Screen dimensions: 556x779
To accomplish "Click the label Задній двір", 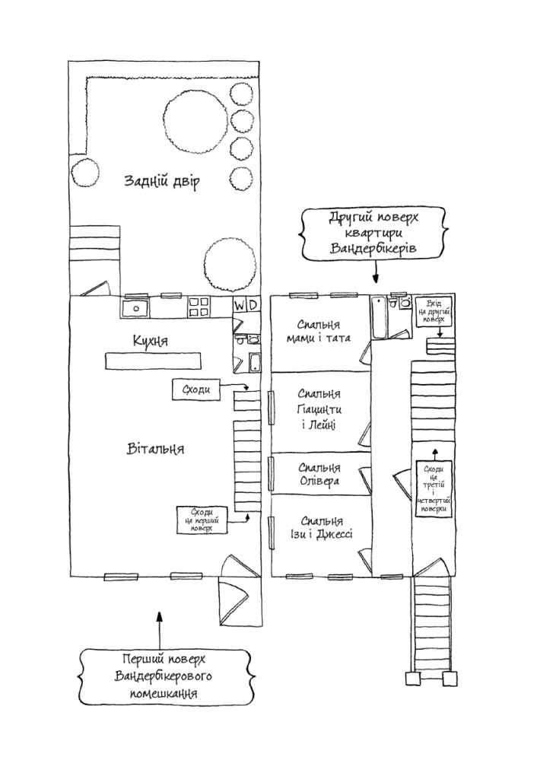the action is click(162, 181).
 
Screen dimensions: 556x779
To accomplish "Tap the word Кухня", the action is click(150, 341).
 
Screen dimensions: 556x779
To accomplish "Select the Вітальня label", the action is click(155, 449).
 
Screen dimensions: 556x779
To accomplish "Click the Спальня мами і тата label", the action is click(319, 332).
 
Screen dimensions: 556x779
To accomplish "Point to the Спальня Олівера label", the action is click(319, 475).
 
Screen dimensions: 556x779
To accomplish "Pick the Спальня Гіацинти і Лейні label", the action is click(319, 409).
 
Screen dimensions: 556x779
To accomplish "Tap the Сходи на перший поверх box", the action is click(202, 520).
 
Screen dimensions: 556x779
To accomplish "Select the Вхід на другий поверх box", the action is click(434, 312).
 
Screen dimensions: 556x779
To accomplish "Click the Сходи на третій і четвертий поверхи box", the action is click(434, 489).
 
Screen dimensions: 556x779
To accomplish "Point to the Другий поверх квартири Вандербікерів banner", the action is click(373, 233).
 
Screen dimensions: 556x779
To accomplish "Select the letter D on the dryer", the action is click(253, 304).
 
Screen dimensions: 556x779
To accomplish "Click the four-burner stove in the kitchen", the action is click(199, 307).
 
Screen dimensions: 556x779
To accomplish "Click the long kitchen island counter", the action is click(153, 361).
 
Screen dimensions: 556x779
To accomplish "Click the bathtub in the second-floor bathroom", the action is click(380, 318).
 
